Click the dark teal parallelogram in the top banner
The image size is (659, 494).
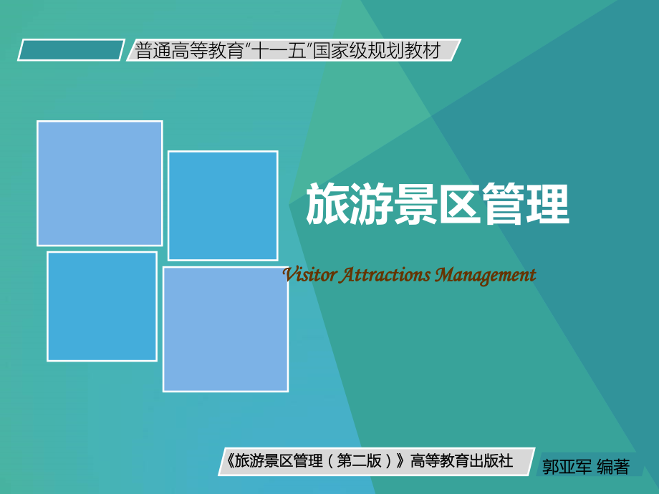pos(71,50)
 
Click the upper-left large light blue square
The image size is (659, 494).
pos(100,183)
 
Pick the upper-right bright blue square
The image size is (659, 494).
pos(223,205)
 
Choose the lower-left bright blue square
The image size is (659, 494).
pos(102,306)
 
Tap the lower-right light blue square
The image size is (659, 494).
pos(226,329)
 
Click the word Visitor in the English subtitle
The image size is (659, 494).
pos(309,275)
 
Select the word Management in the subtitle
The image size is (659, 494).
pos(486,275)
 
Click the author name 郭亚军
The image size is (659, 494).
pos(567,468)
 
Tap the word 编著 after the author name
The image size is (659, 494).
pos(613,468)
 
